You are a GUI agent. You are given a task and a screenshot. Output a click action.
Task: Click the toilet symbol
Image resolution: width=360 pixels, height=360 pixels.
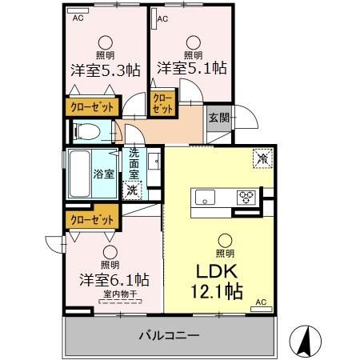click(x=86, y=130)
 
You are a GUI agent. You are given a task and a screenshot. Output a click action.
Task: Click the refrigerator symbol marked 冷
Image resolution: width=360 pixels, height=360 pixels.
click(x=262, y=158)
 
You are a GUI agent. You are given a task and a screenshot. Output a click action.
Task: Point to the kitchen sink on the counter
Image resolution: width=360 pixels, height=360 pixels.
click(x=202, y=196)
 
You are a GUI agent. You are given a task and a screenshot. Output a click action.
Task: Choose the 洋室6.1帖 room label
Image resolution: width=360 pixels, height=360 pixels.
click(x=113, y=281)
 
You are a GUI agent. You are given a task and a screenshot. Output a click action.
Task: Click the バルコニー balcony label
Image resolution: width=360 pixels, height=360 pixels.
click(x=170, y=336)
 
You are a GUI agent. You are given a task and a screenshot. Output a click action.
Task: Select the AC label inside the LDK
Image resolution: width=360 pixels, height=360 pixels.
click(x=259, y=302)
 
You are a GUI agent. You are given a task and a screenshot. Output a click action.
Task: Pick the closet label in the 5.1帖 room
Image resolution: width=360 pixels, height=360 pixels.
click(x=163, y=102)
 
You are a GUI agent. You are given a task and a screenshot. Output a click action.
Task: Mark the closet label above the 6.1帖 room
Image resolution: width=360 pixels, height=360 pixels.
click(x=90, y=217)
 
